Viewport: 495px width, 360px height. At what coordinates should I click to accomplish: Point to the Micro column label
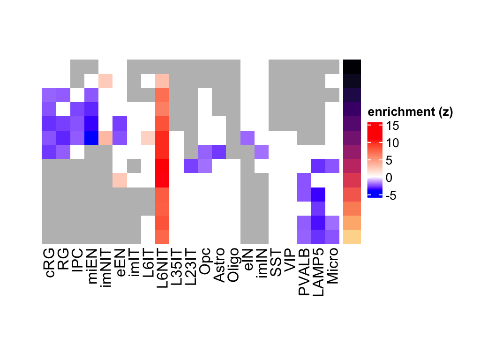point(332,267)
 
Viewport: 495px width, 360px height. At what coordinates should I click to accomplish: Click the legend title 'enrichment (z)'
point(410,112)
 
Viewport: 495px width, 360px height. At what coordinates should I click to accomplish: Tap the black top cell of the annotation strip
point(352,67)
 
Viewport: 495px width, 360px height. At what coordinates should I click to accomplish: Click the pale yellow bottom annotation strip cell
point(352,237)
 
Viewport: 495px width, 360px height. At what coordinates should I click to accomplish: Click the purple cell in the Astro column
point(219,152)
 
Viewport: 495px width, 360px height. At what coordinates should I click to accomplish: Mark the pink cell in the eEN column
point(120,180)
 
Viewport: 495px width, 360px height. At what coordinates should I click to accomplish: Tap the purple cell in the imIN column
point(261,152)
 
